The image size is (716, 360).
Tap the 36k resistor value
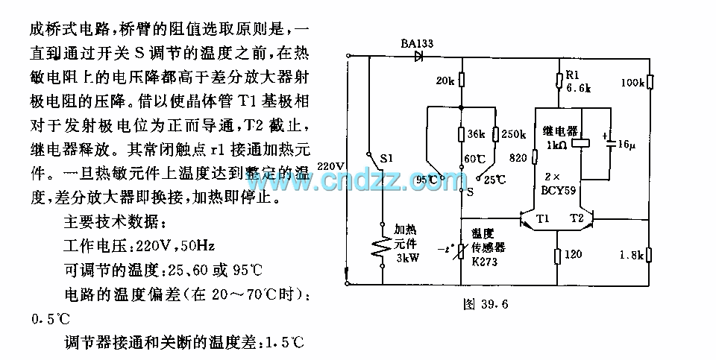click(475, 135)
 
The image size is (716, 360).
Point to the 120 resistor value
click(574, 255)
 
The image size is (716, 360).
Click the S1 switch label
click(388, 159)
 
